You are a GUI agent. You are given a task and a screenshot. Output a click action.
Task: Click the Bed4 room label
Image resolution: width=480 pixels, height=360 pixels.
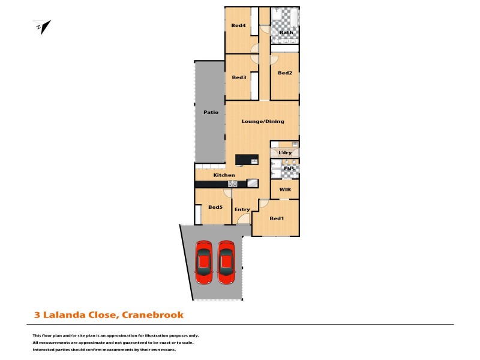pyautogui.click(x=238, y=25)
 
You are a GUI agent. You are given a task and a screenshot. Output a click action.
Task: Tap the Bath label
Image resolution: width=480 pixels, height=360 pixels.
pyautogui.click(x=277, y=32)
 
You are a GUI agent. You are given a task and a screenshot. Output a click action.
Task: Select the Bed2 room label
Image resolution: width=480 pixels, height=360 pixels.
pyautogui.click(x=285, y=73)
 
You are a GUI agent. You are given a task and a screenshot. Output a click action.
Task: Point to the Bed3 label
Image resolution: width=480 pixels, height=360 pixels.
pyautogui.click(x=239, y=77)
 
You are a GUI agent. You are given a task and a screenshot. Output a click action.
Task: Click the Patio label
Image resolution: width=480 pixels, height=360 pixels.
pyautogui.click(x=210, y=112)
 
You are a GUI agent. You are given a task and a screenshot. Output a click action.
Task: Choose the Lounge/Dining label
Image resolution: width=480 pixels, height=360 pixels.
pyautogui.click(x=262, y=121)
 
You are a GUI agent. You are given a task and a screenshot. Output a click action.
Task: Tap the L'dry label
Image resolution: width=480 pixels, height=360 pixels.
pyautogui.click(x=285, y=153)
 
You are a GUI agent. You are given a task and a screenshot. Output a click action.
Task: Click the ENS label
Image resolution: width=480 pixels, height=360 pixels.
pyautogui.click(x=289, y=169)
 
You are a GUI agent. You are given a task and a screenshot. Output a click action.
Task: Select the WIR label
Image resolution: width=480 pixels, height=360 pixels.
pyautogui.click(x=285, y=189)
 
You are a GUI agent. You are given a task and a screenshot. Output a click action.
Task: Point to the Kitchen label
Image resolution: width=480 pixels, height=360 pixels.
pyautogui.click(x=224, y=175)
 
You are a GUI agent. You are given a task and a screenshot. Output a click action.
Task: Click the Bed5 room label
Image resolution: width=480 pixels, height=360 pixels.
pyautogui.click(x=215, y=207)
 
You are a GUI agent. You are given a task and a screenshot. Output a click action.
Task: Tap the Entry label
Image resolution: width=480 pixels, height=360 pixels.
pyautogui.click(x=242, y=209)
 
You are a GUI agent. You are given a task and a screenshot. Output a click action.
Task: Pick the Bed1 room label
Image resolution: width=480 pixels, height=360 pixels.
pyautogui.click(x=276, y=218)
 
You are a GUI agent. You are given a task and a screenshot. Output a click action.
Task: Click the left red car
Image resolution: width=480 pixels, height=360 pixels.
pyautogui.click(x=203, y=262)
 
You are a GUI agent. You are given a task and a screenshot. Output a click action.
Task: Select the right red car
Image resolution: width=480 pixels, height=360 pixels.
pyautogui.click(x=226, y=262)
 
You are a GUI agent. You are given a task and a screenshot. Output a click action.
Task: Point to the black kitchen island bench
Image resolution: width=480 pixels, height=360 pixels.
pyautogui.click(x=247, y=159)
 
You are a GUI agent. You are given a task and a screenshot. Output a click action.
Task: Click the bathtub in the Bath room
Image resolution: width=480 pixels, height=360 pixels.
pyautogui.click(x=285, y=16)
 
